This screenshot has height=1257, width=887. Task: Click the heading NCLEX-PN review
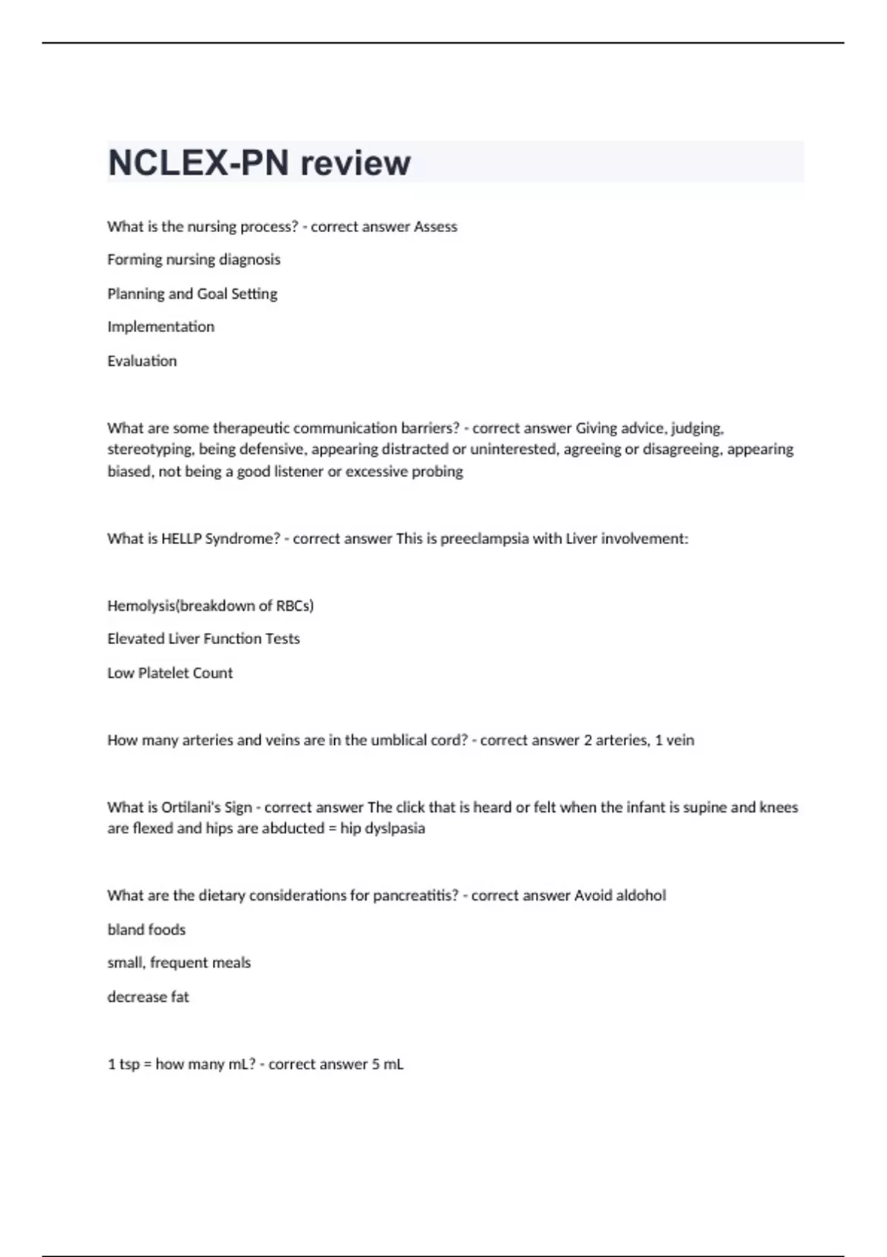pyautogui.click(x=259, y=163)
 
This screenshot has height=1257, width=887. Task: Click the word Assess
pyautogui.click(x=435, y=227)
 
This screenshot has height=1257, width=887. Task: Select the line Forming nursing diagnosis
pyautogui.click(x=194, y=260)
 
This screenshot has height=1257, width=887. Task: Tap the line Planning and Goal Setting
pyautogui.click(x=192, y=294)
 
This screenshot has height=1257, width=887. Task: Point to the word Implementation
pyautogui.click(x=160, y=327)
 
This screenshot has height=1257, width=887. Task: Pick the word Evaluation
pyautogui.click(x=142, y=361)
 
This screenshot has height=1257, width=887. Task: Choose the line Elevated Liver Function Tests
pyautogui.click(x=203, y=639)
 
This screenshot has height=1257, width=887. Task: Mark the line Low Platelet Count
pyautogui.click(x=170, y=673)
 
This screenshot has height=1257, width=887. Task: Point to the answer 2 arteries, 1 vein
pyautogui.click(x=639, y=740)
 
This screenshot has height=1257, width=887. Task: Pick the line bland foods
pyautogui.click(x=146, y=929)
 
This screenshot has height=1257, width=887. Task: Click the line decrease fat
pyautogui.click(x=148, y=997)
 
